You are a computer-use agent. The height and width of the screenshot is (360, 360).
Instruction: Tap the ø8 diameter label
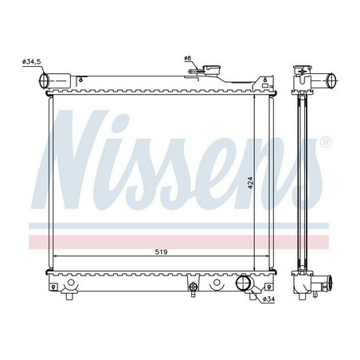(x=188, y=58)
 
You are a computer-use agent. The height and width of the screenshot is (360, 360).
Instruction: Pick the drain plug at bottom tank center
(x=192, y=288)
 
